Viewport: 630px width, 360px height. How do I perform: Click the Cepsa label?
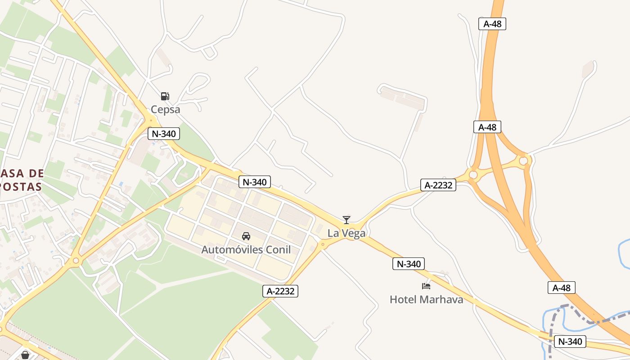point(165,109)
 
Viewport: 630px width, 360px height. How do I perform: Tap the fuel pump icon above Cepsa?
point(165,96)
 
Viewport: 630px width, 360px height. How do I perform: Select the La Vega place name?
point(346,233)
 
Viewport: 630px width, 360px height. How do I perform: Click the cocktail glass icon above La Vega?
point(346,220)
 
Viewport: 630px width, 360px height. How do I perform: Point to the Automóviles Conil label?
point(246,250)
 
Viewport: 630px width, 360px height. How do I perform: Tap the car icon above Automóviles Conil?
point(246,236)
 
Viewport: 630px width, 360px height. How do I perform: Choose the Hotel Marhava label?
point(426,299)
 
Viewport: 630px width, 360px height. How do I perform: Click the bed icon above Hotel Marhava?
point(426,286)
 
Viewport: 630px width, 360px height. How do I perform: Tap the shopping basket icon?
point(25,355)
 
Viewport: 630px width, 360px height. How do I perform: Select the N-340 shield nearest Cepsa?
point(164,133)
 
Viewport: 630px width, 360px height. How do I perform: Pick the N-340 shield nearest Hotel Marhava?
point(409,264)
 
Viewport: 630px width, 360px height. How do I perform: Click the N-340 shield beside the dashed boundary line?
point(570,342)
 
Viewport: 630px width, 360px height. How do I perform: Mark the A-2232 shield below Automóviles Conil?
point(280,291)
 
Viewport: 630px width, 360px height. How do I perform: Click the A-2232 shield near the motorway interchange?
point(438,185)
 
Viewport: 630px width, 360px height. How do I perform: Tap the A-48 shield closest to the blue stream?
point(561,288)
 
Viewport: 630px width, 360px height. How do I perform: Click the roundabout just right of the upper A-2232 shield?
point(473,175)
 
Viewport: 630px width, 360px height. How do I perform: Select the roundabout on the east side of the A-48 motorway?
point(523,161)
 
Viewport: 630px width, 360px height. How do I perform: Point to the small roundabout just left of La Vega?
point(323,245)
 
